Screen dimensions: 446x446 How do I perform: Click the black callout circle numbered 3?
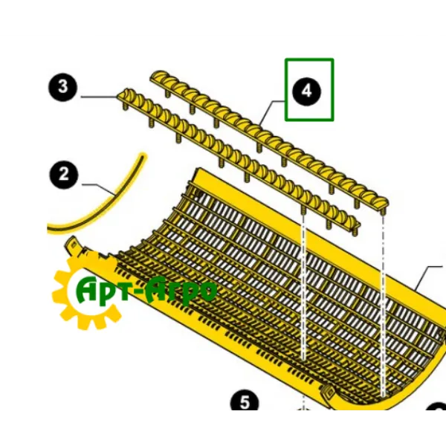tap(62, 87)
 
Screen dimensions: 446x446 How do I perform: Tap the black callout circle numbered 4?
tap(306, 91)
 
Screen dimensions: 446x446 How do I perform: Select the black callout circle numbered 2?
tap(64, 174)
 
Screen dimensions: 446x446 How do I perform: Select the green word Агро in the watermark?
tap(182, 291)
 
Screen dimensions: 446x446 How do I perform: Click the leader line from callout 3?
tap(99, 97)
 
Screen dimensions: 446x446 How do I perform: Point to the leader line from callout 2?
tap(99, 189)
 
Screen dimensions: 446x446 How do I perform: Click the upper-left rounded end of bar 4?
tap(157, 75)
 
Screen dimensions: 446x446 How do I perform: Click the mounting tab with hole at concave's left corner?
tap(72, 244)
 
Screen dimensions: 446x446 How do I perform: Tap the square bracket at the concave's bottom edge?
tap(329, 392)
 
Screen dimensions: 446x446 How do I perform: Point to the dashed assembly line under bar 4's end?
tap(383, 304)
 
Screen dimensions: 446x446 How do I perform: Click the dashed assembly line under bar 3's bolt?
tap(303, 287)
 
